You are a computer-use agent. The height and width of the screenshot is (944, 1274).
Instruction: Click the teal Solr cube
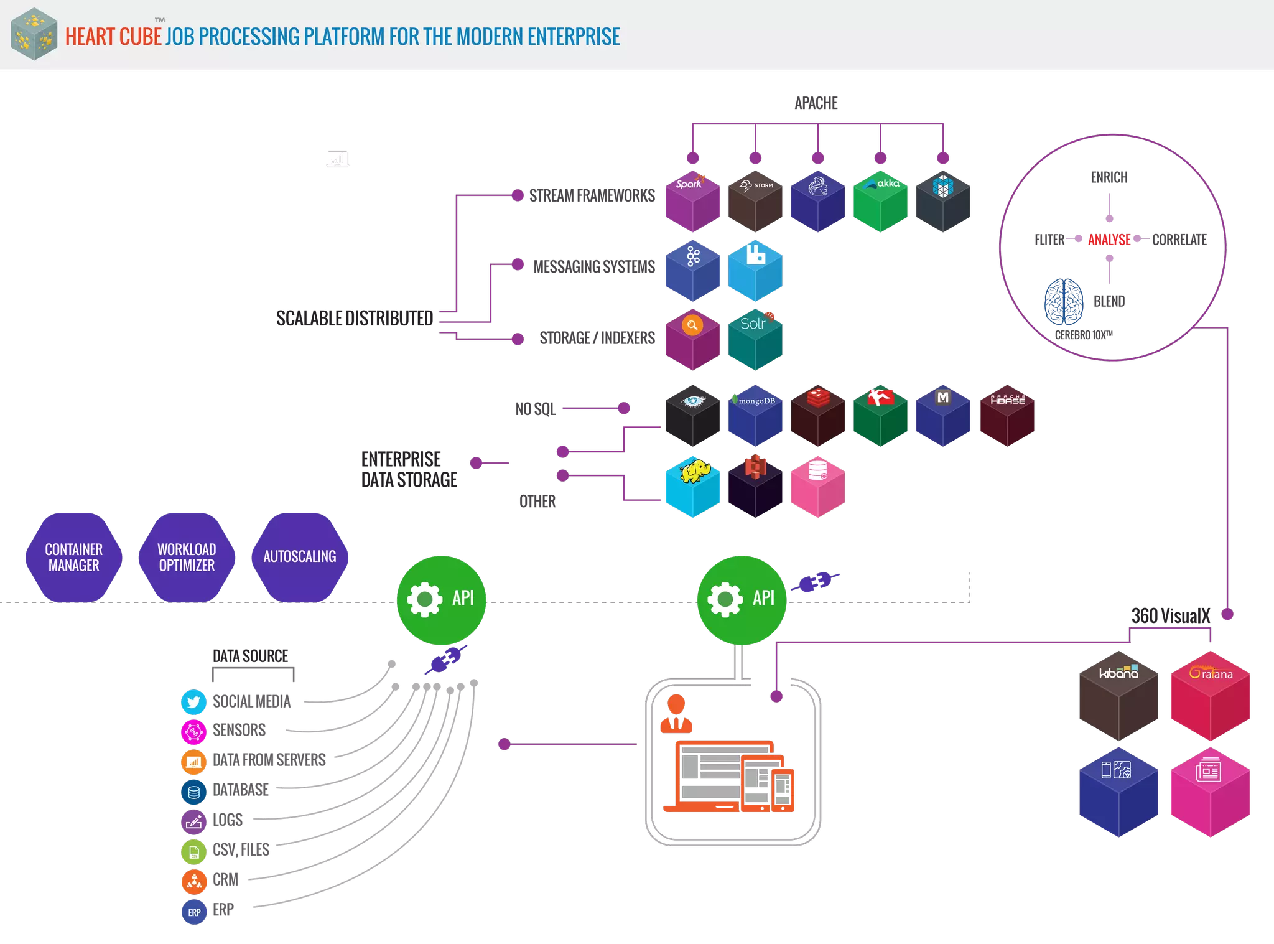pyautogui.click(x=755, y=340)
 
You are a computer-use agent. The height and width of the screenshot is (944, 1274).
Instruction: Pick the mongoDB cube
pyautogui.click(x=755, y=416)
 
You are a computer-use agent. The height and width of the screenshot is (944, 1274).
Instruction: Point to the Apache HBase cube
pyautogui.click(x=1007, y=416)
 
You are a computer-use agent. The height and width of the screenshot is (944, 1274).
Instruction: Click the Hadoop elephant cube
pyautogui.click(x=692, y=487)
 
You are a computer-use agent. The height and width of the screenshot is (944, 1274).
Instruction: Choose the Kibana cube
pyautogui.click(x=1118, y=696)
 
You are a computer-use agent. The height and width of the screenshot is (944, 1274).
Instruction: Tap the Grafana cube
pyautogui.click(x=1210, y=696)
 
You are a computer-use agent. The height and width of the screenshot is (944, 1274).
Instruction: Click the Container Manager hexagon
pyautogui.click(x=74, y=558)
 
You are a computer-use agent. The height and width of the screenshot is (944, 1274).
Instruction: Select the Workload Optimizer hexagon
pyautogui.click(x=187, y=558)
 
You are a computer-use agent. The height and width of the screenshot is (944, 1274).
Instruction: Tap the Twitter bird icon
pyautogui.click(x=193, y=702)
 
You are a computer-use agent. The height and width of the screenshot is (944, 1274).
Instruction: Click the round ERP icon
pyautogui.click(x=194, y=912)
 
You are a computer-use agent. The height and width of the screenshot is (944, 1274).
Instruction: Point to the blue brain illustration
pyautogui.click(x=1064, y=302)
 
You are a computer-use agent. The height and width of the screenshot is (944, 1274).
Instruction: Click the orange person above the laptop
pyautogui.click(x=676, y=714)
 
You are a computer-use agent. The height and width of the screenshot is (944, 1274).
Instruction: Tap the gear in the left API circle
pyautogui.click(x=425, y=599)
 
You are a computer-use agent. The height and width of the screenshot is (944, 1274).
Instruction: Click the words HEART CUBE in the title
pyautogui.click(x=113, y=37)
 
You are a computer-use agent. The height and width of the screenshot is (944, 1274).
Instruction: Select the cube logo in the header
pyautogui.click(x=34, y=34)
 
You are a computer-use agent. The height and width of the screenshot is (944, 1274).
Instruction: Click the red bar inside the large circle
pyautogui.click(x=1109, y=240)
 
